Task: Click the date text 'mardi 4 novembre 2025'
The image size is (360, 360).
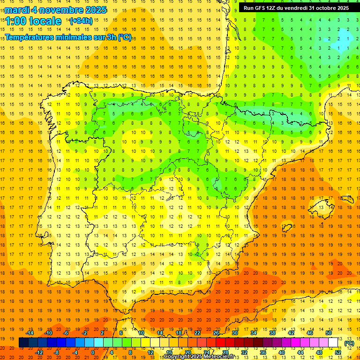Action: pyautogui.click(x=56, y=10)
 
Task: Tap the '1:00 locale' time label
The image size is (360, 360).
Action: pyautogui.click(x=33, y=21)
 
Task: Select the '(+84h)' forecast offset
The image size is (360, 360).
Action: pyautogui.click(x=81, y=21)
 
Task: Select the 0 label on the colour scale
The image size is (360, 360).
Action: pyautogui.click(x=93, y=352)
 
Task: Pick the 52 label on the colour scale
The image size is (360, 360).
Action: pyautogui.click(x=338, y=352)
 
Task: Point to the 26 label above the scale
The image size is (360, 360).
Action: pyautogui.click(x=216, y=333)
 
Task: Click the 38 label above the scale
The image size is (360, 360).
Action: pyautogui.click(x=272, y=333)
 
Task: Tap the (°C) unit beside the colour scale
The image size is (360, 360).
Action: pyautogui.click(x=349, y=343)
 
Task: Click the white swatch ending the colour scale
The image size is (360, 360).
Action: pyautogui.click(x=333, y=343)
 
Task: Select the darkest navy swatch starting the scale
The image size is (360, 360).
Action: pyautogui.click(x=23, y=343)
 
